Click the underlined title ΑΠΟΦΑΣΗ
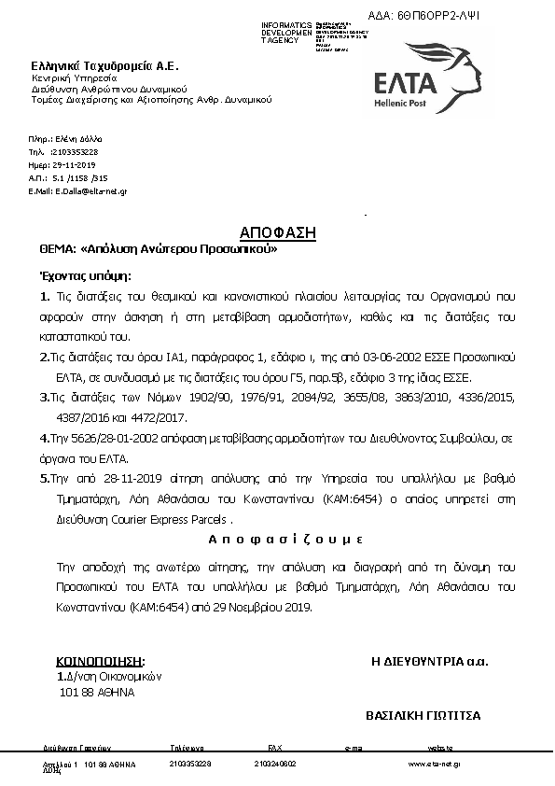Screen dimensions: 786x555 [278, 232]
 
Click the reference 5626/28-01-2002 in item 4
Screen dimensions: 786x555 [103, 437]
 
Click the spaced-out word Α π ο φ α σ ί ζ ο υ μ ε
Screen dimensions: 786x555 [277, 541]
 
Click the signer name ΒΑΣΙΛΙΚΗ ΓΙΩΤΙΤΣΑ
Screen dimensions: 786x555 [423, 716]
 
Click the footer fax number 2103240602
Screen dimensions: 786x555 [274, 764]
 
